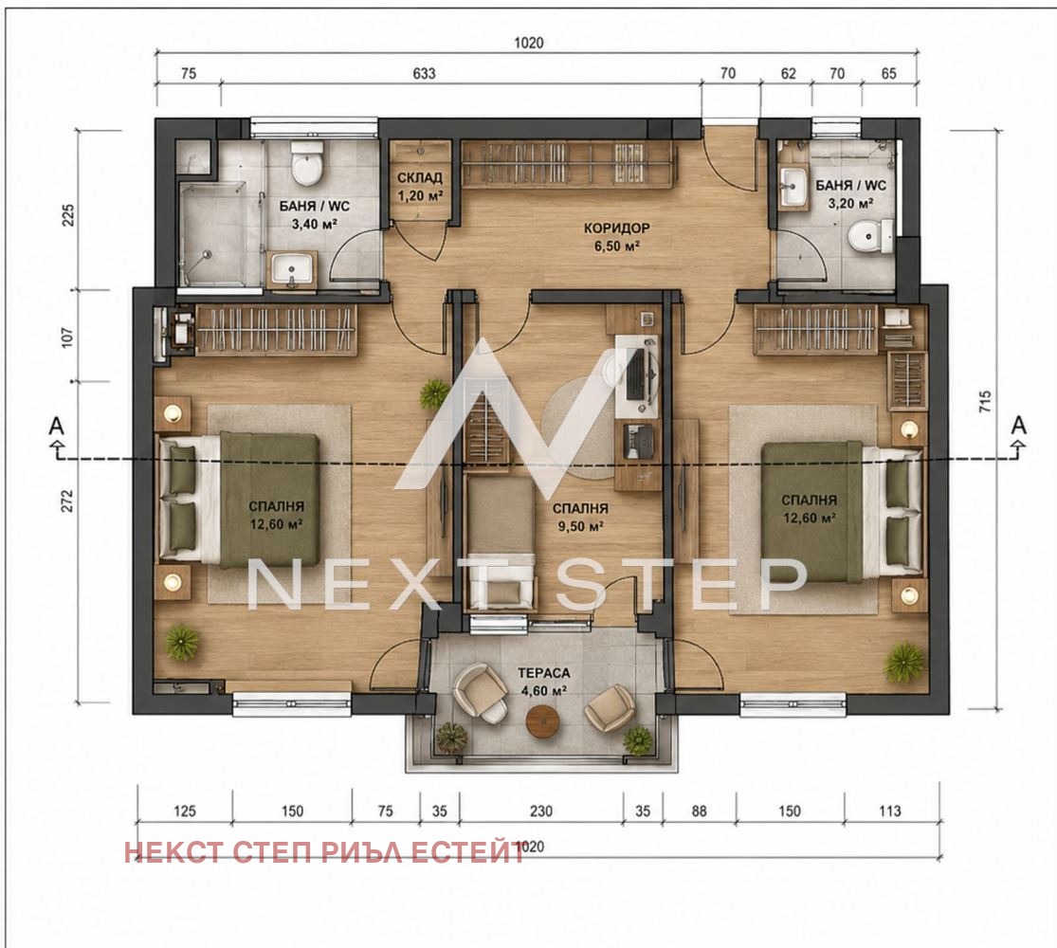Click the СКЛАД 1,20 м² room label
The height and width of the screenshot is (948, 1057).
419,187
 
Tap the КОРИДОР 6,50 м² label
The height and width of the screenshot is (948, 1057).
616,237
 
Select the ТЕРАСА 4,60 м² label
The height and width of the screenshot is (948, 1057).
543,681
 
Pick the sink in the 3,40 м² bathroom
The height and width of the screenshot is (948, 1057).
293,268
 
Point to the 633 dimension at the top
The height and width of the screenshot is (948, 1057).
424,73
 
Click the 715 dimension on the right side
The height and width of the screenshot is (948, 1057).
986,402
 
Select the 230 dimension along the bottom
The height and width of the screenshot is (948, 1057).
541,811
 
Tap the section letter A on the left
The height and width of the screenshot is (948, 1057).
57,427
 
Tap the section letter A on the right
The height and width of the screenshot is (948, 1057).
1019,426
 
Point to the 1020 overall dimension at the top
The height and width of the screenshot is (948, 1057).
529,44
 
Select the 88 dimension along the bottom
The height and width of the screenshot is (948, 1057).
699,811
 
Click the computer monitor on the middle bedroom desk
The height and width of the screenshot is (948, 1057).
635,375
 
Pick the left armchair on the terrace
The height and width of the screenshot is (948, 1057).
480,692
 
